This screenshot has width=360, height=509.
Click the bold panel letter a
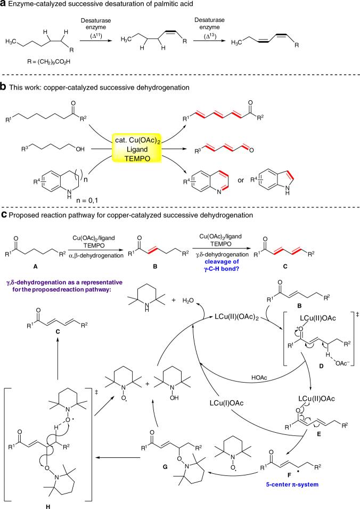4,5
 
